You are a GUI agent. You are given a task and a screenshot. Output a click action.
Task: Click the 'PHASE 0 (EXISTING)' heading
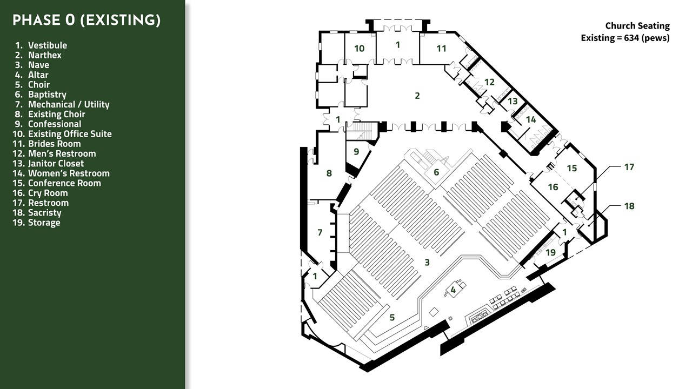coord(86,20)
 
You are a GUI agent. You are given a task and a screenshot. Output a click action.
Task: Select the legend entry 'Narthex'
coord(45,55)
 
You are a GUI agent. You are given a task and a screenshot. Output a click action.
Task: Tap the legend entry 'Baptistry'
coord(47,95)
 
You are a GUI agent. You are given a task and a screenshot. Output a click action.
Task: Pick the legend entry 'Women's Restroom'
coord(69,173)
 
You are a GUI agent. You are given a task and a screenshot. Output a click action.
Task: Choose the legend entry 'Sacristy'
coord(45,213)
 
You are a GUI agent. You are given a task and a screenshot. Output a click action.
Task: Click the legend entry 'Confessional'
coord(55,124)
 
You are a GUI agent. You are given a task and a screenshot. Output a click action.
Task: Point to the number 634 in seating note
coord(633,38)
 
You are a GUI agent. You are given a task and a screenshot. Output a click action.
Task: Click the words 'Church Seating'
coord(637,25)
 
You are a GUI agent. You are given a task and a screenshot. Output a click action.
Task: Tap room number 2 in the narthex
coord(417,96)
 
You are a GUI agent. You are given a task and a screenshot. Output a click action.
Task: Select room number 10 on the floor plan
coord(360,49)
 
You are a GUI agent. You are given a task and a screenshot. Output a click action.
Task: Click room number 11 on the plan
coord(442,49)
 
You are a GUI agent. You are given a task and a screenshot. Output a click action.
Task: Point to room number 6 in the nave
coord(436,172)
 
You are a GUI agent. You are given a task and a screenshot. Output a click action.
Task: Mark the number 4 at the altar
coord(453,290)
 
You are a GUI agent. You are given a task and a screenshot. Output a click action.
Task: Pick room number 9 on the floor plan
coord(356,152)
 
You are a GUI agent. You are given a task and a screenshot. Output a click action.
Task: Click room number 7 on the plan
coord(320,232)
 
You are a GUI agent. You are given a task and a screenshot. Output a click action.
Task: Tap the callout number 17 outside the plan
coord(629,167)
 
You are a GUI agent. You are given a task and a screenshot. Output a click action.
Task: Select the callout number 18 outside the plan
coord(629,206)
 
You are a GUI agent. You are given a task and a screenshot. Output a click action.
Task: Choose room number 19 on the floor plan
coord(551,252)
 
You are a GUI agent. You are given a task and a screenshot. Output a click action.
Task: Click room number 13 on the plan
coord(513,101)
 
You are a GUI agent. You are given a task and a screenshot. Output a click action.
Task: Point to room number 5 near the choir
coord(392,317)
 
